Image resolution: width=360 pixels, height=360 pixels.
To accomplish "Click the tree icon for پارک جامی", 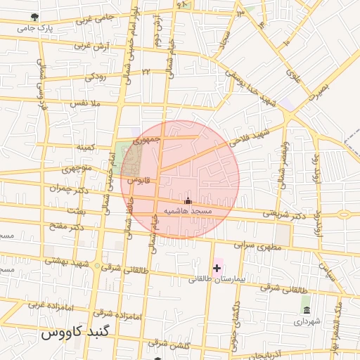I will click(36, 16).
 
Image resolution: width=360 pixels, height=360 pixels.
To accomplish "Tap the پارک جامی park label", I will click(35, 29).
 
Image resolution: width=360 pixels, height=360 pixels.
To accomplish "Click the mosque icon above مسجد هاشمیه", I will click(187, 200).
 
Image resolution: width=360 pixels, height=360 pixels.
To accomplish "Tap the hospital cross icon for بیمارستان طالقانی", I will click(217, 267).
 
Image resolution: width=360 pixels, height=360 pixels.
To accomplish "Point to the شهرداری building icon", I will click(306, 309).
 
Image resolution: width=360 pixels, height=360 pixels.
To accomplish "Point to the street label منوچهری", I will click(77, 169).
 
